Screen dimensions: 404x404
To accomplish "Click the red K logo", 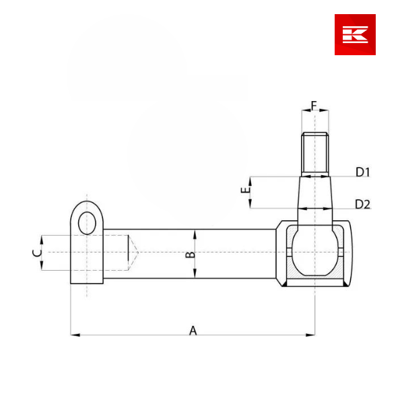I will [355, 34].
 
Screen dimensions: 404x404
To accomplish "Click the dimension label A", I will [193, 330].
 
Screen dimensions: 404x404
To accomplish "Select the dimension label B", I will [190, 255].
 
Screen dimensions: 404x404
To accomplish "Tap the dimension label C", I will [37, 252].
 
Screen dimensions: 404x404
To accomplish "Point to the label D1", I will [363, 172].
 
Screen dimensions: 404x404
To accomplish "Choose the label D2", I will [363, 204].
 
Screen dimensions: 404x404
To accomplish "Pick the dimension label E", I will [245, 192].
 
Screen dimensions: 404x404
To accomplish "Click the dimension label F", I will [314, 106].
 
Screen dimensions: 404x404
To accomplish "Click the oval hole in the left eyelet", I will [87, 222].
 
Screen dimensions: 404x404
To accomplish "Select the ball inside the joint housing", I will [314, 252].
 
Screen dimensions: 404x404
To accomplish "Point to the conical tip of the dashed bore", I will [133, 252].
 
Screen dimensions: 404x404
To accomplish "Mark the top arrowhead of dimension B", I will [195, 233].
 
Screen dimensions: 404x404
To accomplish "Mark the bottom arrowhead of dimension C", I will [42, 267].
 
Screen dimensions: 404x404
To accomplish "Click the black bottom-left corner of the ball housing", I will [283, 284].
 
